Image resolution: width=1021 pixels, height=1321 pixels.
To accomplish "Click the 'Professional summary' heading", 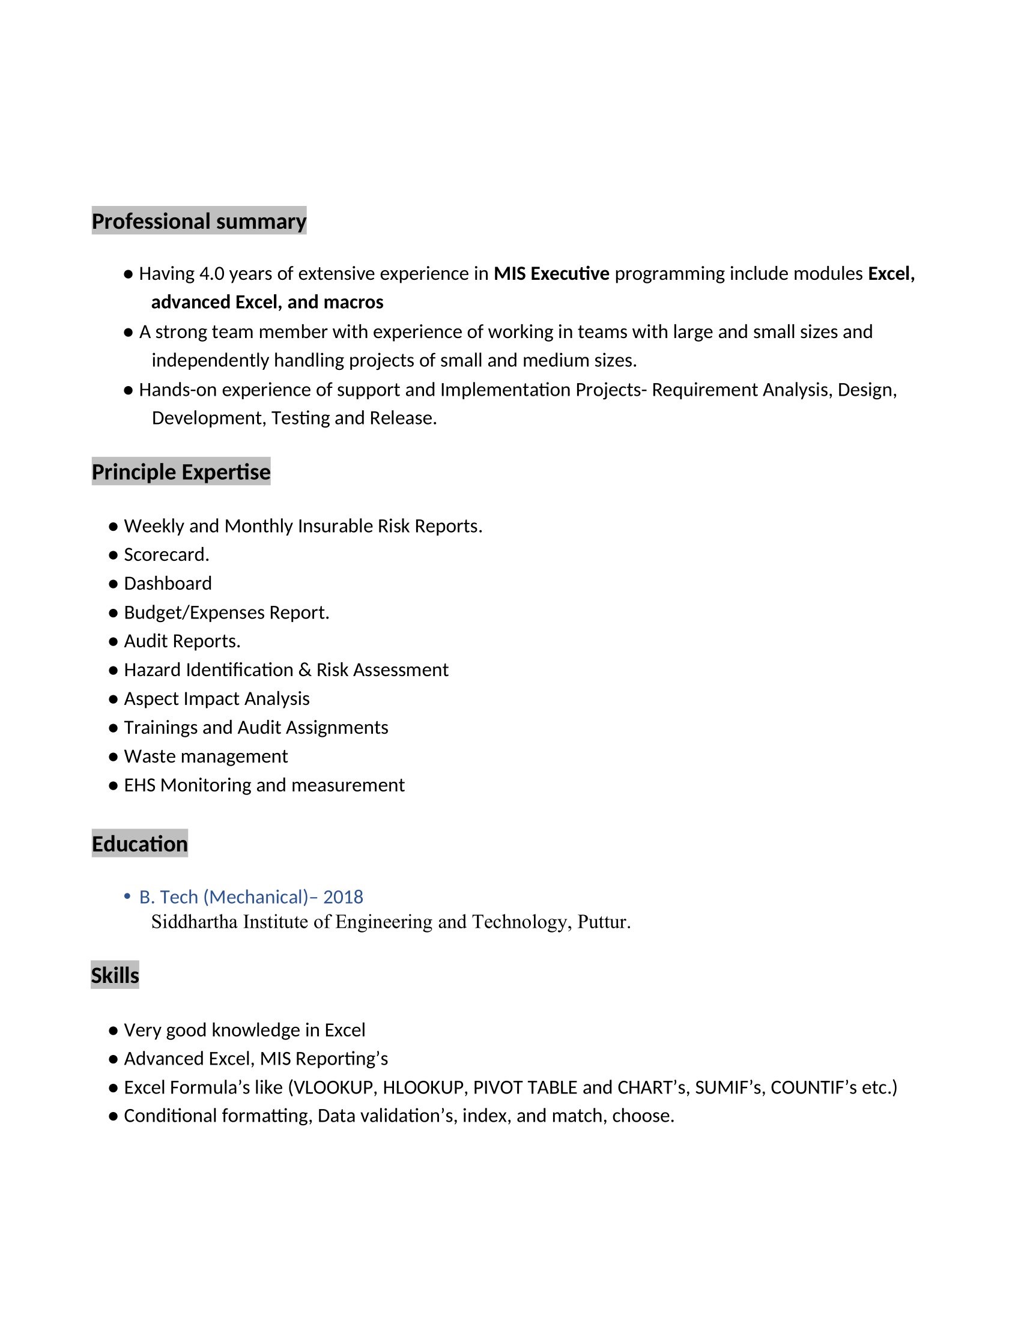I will (199, 222).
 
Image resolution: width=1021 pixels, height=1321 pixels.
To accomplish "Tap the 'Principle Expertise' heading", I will (181, 472).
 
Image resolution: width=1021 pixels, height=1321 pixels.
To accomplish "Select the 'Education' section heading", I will (140, 844).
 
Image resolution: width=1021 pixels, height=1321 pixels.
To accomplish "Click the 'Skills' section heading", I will (115, 975).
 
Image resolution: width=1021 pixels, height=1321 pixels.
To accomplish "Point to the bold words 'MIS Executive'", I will (551, 274).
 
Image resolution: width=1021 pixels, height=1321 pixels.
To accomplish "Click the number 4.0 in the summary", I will (211, 274).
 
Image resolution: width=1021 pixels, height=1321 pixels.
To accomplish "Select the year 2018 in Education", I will (343, 896).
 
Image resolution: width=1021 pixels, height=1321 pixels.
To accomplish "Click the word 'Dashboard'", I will (168, 584).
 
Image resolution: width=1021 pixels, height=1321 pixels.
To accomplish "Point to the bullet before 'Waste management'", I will (113, 757).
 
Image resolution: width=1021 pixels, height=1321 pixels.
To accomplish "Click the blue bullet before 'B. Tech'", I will (127, 896).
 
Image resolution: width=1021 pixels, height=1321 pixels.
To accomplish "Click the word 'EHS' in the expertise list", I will (139, 785).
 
